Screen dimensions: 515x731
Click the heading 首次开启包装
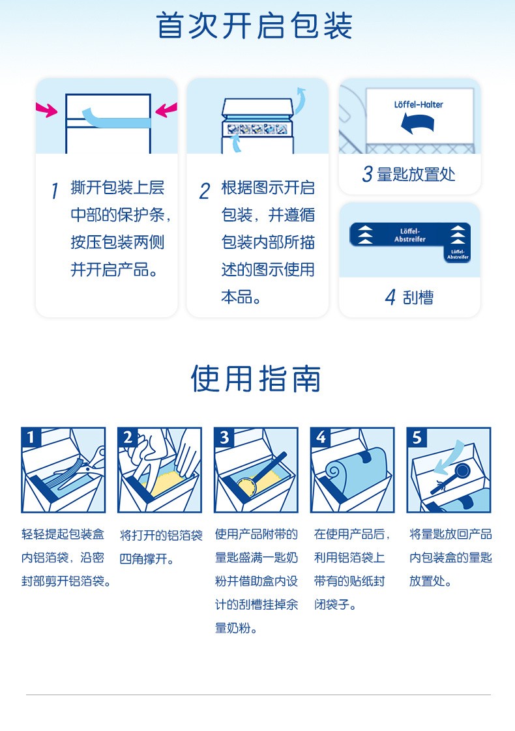[254, 25]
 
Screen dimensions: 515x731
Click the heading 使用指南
[256, 378]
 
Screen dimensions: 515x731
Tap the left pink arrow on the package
[46, 110]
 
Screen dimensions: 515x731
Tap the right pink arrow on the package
[166, 110]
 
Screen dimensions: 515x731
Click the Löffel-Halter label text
[419, 104]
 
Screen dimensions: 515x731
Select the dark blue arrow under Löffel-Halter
[417, 124]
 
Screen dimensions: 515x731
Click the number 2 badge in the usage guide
[127, 437]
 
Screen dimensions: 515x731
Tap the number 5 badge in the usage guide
[417, 437]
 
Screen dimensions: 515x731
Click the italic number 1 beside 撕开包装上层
[55, 190]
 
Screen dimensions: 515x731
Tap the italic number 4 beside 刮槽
[390, 298]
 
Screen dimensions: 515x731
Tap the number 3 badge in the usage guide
[224, 437]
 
